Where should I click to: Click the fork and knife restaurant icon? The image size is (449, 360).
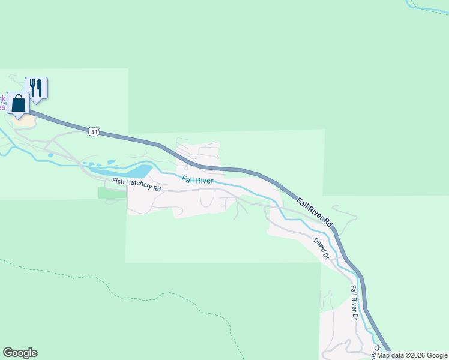pyautogui.click(x=36, y=87)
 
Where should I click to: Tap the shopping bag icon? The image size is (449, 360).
pyautogui.click(x=18, y=103)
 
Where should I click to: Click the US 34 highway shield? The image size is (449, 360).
pyautogui.click(x=93, y=131)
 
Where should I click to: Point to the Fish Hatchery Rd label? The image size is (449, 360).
pyautogui.click(x=136, y=185)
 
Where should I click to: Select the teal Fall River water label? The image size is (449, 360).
pyautogui.click(x=197, y=180)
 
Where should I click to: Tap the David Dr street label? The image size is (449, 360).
pyautogui.click(x=322, y=248)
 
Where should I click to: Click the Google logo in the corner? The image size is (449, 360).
pyautogui.click(x=20, y=353)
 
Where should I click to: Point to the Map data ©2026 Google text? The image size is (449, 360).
pyautogui.click(x=412, y=355)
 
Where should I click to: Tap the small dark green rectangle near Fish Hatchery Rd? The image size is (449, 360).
pyautogui.click(x=112, y=192)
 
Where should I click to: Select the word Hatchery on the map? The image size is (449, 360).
pyautogui.click(x=139, y=186)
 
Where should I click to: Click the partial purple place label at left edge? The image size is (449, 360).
pyautogui.click(x=2, y=103)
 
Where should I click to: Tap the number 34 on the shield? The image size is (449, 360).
pyautogui.click(x=93, y=131)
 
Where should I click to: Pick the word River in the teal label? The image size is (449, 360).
pyautogui.click(x=204, y=181)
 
